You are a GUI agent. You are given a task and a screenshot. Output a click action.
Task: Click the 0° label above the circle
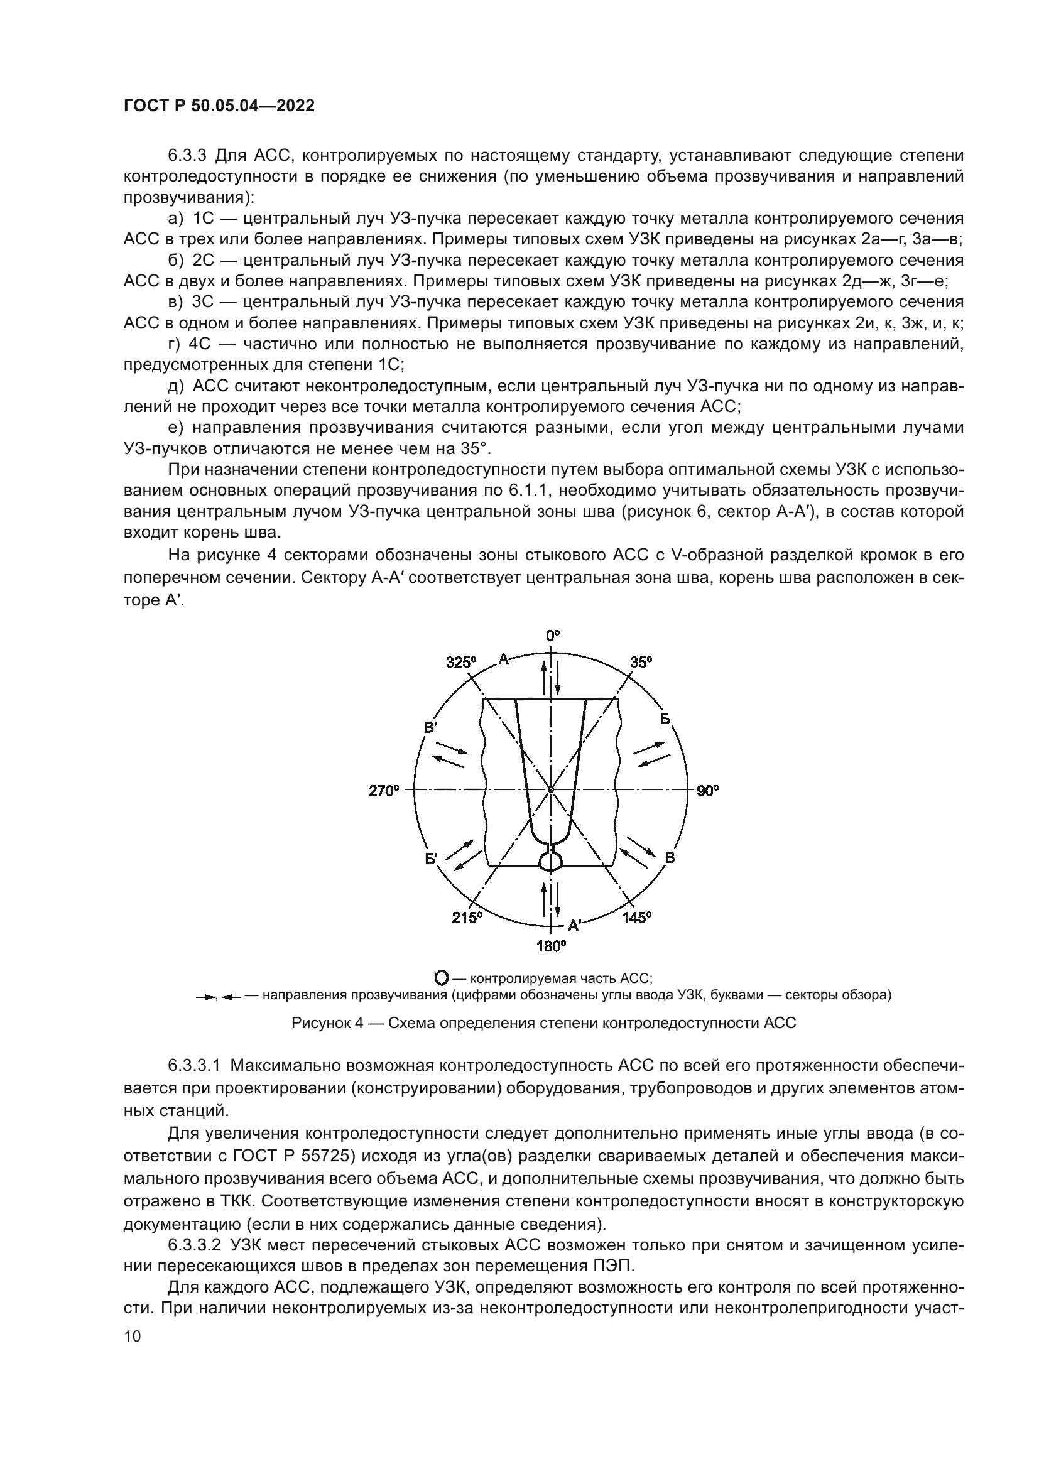(x=552, y=636)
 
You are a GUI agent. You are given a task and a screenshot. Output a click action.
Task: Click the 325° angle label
(x=461, y=662)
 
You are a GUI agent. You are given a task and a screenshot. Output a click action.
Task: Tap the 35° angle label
(x=641, y=662)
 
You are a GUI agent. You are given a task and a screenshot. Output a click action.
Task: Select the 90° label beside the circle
(x=707, y=791)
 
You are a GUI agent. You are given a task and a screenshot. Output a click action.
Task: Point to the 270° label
(x=383, y=791)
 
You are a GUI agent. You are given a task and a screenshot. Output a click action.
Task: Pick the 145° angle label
(x=636, y=918)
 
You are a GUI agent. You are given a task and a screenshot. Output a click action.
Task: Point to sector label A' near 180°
(x=574, y=925)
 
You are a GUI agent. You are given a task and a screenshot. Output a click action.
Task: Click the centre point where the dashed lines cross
(x=551, y=790)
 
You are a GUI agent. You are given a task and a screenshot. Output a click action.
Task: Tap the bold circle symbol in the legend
(x=441, y=978)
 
